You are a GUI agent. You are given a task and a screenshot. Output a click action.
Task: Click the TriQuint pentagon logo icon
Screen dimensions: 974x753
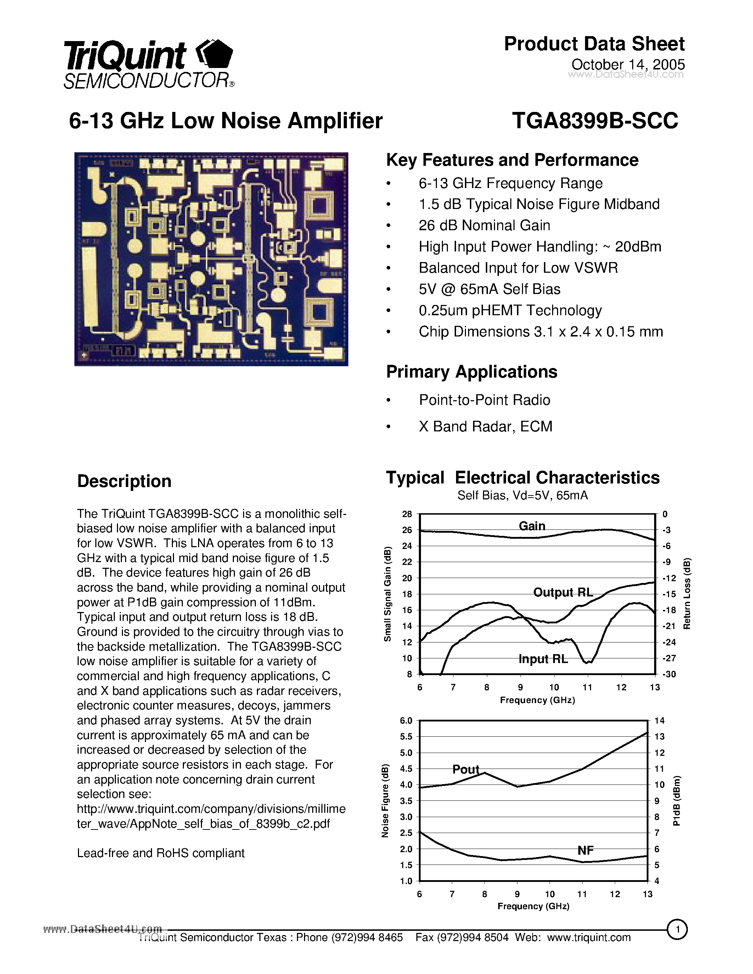(x=215, y=55)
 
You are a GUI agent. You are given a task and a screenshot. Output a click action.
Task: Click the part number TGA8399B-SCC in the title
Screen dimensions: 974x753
(x=595, y=120)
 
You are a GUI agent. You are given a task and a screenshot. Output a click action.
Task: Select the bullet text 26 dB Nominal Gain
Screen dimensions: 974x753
(x=484, y=225)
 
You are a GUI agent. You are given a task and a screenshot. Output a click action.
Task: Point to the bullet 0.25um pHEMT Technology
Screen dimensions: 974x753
(x=510, y=310)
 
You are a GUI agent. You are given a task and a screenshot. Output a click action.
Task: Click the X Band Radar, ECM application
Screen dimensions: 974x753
(x=485, y=426)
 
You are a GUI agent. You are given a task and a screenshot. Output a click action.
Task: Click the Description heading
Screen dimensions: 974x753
(x=124, y=481)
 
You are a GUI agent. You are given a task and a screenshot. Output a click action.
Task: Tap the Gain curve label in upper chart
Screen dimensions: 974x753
(x=532, y=526)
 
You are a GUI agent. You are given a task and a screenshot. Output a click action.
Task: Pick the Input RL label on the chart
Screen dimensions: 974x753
(x=543, y=659)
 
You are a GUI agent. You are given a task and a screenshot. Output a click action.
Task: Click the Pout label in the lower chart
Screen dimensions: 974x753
(x=465, y=769)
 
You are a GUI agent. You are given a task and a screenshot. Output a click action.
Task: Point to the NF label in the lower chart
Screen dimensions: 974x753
(x=585, y=850)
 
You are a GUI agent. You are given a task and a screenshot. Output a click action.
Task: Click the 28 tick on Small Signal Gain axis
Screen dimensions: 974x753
(x=407, y=514)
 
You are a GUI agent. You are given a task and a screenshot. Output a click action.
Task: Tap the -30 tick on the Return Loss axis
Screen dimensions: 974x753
(x=669, y=674)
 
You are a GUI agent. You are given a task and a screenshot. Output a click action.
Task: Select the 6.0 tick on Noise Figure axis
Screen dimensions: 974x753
(x=406, y=721)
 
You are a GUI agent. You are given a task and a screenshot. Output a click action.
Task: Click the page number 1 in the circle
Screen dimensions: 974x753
(x=677, y=930)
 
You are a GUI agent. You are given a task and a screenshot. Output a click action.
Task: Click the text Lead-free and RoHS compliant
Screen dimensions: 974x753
(x=161, y=853)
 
